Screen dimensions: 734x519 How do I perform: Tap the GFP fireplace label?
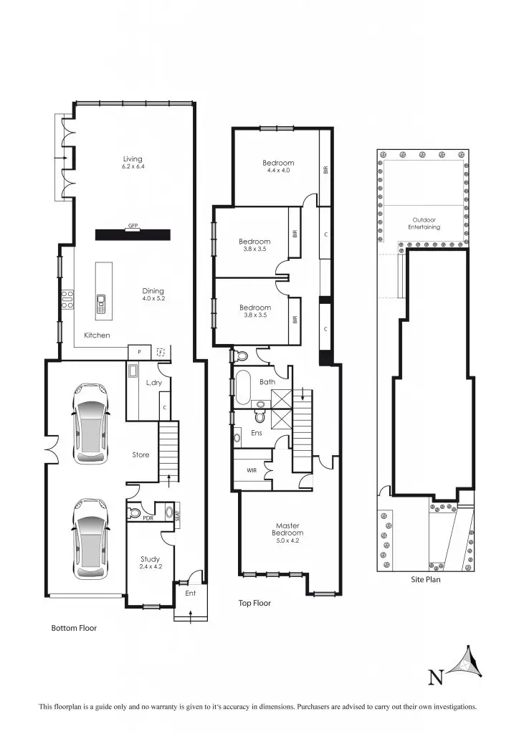point(133,226)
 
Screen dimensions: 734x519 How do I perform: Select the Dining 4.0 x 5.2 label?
point(153,295)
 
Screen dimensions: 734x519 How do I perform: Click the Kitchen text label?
point(97,335)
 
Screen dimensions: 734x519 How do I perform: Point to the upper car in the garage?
point(90,424)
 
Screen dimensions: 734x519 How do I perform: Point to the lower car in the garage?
point(90,539)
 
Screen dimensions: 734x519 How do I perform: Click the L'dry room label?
point(153,383)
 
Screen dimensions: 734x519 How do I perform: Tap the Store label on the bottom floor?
point(141,454)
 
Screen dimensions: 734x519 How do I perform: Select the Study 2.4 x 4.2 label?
point(150,562)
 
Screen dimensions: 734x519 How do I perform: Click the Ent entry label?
point(191,594)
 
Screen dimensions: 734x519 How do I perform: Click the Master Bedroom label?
point(287,533)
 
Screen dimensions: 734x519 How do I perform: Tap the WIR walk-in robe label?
point(252,470)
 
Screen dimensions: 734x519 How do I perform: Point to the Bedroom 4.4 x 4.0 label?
point(278,166)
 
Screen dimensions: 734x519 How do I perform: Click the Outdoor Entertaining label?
point(424,224)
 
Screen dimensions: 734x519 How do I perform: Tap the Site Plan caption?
point(425,579)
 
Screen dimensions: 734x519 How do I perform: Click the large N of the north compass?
point(435,676)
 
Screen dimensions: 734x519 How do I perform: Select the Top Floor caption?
point(254,604)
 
